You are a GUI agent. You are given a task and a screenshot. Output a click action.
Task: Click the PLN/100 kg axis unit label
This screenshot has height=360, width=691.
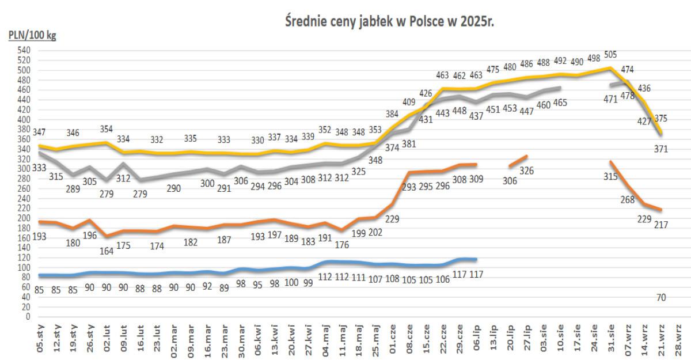(x=32, y=36)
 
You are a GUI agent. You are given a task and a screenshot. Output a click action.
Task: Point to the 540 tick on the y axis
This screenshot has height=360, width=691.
(x=24, y=51)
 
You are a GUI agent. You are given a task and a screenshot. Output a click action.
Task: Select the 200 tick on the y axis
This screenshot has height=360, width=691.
(x=24, y=218)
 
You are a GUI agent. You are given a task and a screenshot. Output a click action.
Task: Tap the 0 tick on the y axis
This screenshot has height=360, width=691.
(x=27, y=316)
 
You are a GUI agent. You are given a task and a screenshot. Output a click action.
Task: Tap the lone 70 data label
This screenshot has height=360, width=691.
(x=662, y=298)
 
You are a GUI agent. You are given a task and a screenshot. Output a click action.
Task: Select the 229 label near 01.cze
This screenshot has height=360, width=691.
(x=393, y=218)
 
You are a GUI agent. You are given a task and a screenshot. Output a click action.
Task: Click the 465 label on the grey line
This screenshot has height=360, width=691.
(x=560, y=103)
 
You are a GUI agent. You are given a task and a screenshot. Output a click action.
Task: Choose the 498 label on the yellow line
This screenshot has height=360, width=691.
(x=594, y=58)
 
